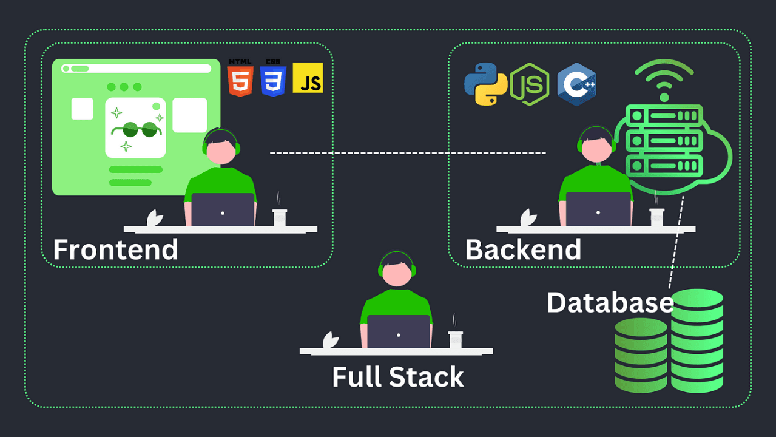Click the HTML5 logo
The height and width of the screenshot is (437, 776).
click(x=240, y=78)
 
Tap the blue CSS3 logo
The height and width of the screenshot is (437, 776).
click(x=273, y=78)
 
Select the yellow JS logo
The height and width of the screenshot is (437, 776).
click(x=308, y=78)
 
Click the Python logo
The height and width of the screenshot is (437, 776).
click(x=485, y=84)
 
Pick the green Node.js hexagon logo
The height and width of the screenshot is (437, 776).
click(x=529, y=84)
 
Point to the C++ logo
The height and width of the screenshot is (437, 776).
click(x=576, y=84)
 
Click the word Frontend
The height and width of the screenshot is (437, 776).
click(x=115, y=249)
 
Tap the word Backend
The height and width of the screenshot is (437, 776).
click(x=523, y=249)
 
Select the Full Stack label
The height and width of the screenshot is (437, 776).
click(x=397, y=377)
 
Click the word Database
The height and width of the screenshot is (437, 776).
click(x=610, y=302)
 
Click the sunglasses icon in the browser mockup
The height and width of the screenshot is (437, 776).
click(x=135, y=129)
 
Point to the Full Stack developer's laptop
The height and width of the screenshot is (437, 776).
click(x=399, y=332)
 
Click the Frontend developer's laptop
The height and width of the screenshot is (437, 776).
click(x=223, y=210)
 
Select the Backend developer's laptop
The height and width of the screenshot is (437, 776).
click(x=598, y=210)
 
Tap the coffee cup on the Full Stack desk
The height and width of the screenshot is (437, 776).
click(x=455, y=339)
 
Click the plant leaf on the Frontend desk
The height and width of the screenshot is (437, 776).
click(x=155, y=218)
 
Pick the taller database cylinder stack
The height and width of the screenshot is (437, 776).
click(x=697, y=340)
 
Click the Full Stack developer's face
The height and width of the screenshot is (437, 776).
click(x=398, y=273)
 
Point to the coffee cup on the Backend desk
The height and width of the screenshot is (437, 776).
click(x=656, y=217)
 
